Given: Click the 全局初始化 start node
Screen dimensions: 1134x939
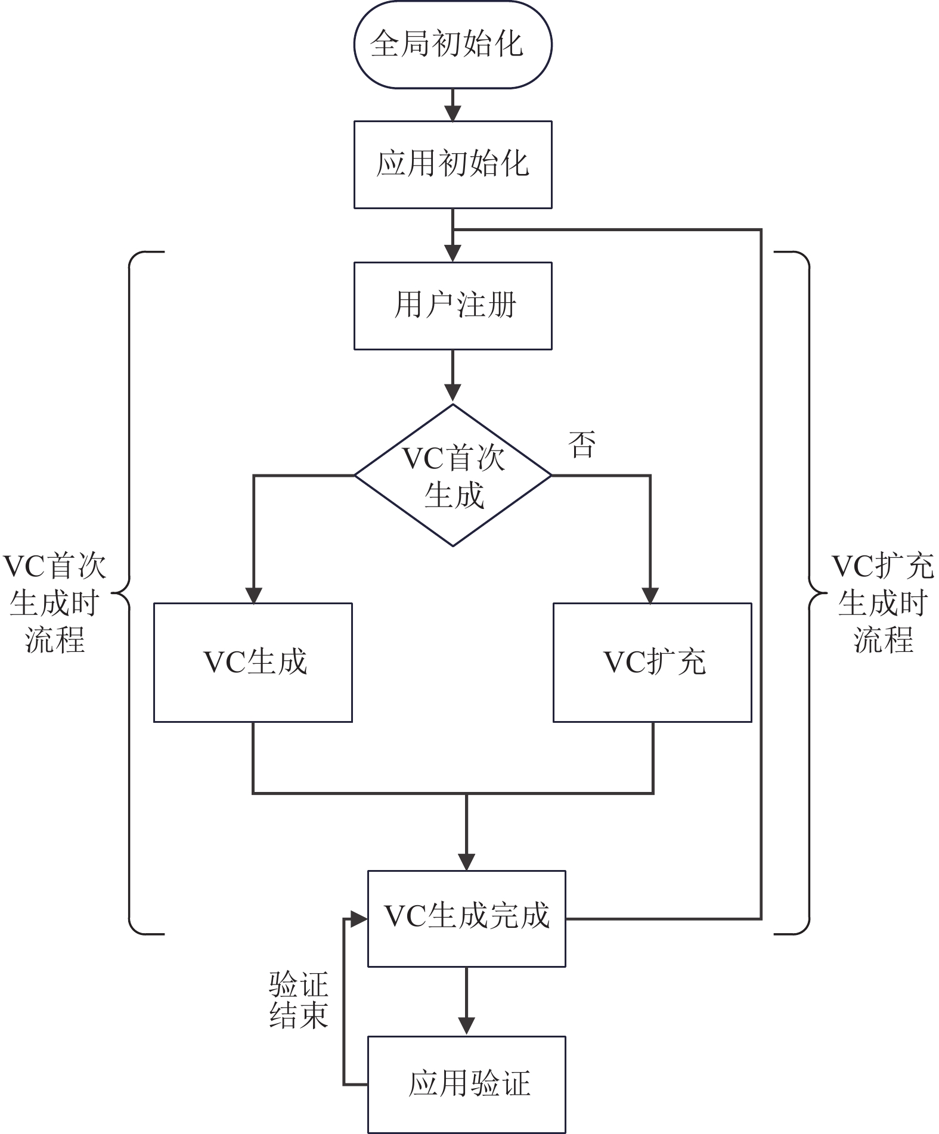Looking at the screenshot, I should click(453, 44).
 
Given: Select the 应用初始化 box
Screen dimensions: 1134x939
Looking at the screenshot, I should click(453, 164).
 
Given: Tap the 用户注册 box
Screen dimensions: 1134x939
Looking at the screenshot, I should click(453, 306).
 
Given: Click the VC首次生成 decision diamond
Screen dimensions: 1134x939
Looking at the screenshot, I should click(453, 476).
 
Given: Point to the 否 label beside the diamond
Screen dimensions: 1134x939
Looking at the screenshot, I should click(581, 445).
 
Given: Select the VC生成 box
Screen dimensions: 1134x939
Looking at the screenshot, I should click(253, 662).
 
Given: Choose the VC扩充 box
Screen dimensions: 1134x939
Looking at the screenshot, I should click(652, 662).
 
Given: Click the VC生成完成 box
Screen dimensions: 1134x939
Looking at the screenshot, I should click(466, 918).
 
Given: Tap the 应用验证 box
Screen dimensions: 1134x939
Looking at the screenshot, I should click(466, 1084).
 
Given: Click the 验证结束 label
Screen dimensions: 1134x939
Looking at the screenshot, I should click(298, 1001).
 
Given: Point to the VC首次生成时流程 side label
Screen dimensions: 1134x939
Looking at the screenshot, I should click(55, 602).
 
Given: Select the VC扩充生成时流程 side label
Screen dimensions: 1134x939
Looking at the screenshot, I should click(882, 602).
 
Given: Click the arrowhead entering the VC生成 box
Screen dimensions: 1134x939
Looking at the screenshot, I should click(254, 595).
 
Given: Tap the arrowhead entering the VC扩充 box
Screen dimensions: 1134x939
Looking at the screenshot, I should click(650, 595).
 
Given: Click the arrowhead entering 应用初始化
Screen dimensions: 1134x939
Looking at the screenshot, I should click(453, 113).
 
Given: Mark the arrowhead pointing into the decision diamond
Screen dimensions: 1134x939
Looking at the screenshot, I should click(453, 393).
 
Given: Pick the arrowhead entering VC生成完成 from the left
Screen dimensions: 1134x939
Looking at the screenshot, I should click(359, 919).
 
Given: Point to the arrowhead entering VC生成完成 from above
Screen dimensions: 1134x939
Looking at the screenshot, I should click(466, 862).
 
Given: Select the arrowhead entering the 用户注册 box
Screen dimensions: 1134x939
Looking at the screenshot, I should click(453, 253).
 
